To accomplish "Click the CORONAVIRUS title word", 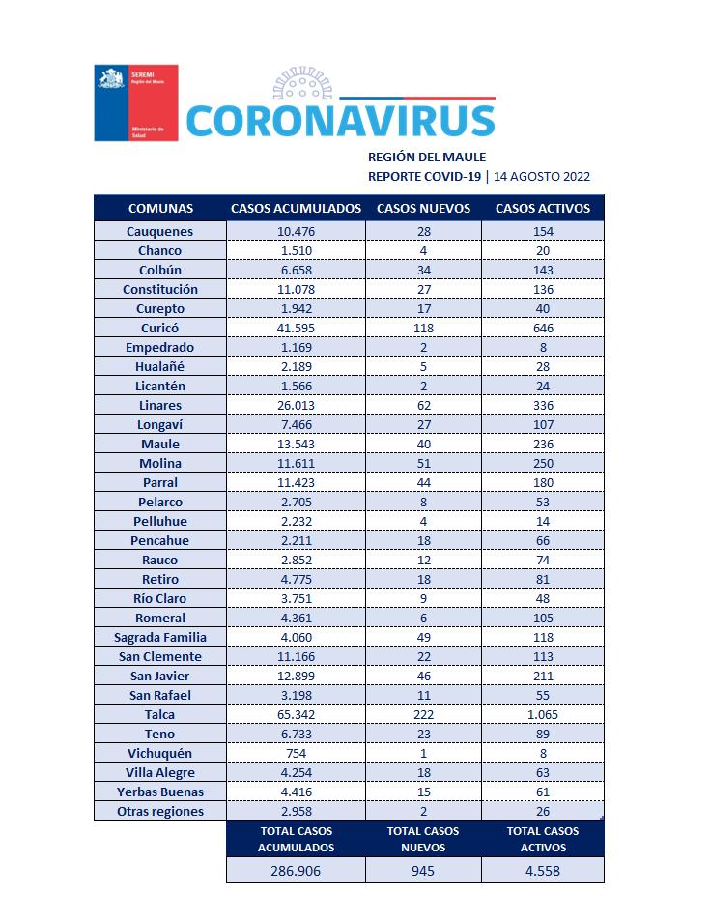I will click(x=339, y=120).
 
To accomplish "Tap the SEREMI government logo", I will click(x=135, y=102).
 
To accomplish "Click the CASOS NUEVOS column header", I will click(x=423, y=208).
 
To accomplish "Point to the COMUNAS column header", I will click(x=160, y=208).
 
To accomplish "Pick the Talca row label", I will click(x=160, y=714).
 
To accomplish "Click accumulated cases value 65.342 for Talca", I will click(x=296, y=714).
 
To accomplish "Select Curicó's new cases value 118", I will click(x=423, y=328).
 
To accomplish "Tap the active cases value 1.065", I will click(x=542, y=714).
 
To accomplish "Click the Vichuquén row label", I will click(x=160, y=753).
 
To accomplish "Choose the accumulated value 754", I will click(x=296, y=753).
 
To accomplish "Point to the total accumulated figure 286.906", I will click(x=296, y=870).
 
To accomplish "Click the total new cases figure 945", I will click(x=423, y=870).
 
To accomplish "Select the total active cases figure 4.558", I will click(x=542, y=870).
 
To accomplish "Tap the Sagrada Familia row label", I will click(x=160, y=637).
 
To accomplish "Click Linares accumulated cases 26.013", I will click(x=296, y=405).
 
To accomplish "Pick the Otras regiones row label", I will click(x=160, y=811).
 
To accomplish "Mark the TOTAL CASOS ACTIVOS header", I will click(x=542, y=839).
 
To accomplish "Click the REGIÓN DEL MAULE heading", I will click(x=427, y=157).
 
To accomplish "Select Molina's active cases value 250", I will click(x=542, y=463).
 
